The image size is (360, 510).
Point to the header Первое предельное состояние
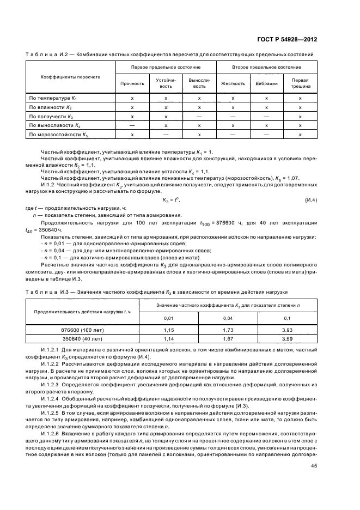click(x=166, y=66)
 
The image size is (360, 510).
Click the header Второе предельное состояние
click(x=266, y=66)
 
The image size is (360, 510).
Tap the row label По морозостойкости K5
click(x=58, y=134)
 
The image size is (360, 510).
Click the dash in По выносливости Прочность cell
click(x=132, y=125)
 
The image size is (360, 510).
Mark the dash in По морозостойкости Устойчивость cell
click(x=166, y=134)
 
